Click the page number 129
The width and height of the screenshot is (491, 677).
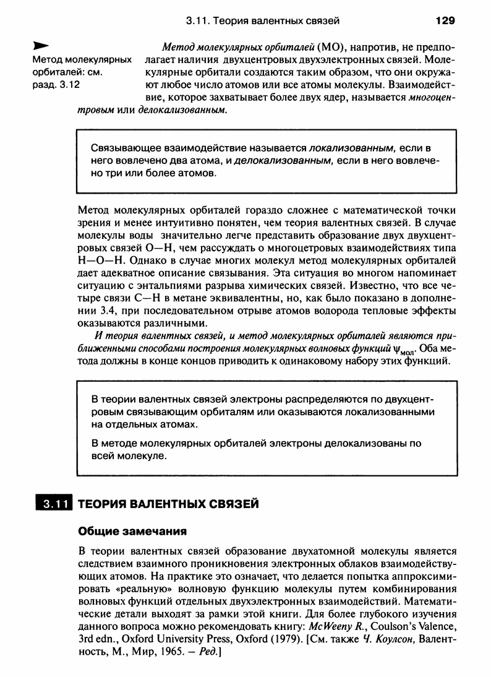pyautogui.click(x=445, y=21)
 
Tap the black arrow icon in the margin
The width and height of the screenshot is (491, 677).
pyautogui.click(x=40, y=46)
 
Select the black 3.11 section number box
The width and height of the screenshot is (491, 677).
pyautogui.click(x=54, y=504)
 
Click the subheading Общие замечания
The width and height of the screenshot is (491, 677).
pyautogui.click(x=131, y=531)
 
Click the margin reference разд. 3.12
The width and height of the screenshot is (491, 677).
pyautogui.click(x=56, y=85)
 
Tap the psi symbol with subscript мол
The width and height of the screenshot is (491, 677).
pyautogui.click(x=395, y=350)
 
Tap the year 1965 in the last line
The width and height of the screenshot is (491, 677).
pyautogui.click(x=155, y=650)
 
